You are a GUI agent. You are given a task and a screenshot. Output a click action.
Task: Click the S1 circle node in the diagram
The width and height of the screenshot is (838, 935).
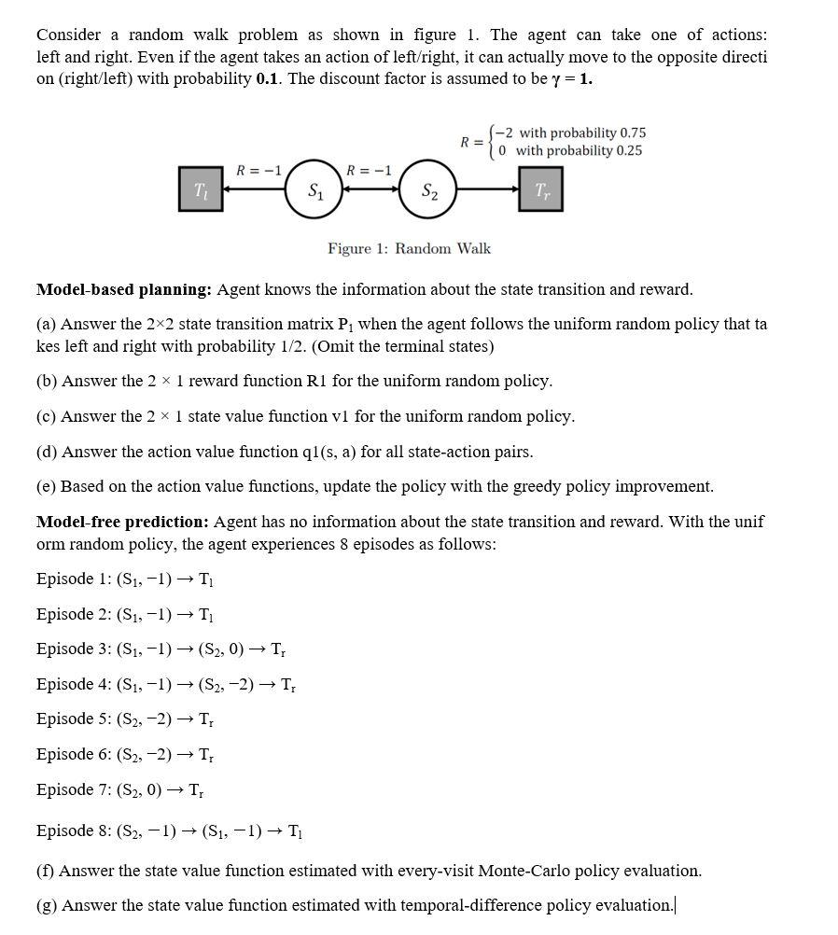[x=315, y=190]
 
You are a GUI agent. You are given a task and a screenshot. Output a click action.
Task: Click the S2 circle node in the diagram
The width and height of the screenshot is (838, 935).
[x=428, y=190]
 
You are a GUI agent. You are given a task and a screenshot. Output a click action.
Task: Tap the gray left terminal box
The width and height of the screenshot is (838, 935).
[x=201, y=189]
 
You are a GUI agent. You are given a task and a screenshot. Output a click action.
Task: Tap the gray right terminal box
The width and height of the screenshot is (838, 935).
[x=541, y=189]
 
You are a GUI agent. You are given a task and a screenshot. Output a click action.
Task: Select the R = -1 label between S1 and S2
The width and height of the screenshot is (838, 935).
[x=369, y=170]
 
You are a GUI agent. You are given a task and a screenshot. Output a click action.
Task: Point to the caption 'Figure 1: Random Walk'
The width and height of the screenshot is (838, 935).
[x=409, y=248]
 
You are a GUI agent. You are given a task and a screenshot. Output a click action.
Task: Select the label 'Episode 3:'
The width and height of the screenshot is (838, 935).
[x=74, y=649]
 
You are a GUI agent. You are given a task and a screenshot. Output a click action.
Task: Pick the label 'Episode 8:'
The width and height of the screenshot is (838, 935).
[x=74, y=830]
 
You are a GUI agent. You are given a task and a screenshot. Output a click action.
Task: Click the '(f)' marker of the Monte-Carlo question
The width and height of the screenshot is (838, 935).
[x=45, y=871]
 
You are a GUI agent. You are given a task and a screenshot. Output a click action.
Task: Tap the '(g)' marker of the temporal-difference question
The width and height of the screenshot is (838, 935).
[x=46, y=905]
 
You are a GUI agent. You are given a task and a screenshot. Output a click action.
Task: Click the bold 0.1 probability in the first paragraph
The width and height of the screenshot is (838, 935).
[x=269, y=78]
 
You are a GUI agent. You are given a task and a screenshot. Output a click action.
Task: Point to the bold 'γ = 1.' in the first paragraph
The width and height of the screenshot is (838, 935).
[x=572, y=78]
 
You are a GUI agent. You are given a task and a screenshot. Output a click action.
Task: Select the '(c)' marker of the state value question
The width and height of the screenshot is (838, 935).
[x=46, y=416]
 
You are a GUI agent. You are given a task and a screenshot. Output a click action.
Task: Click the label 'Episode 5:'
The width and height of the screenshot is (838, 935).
[x=74, y=719]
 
